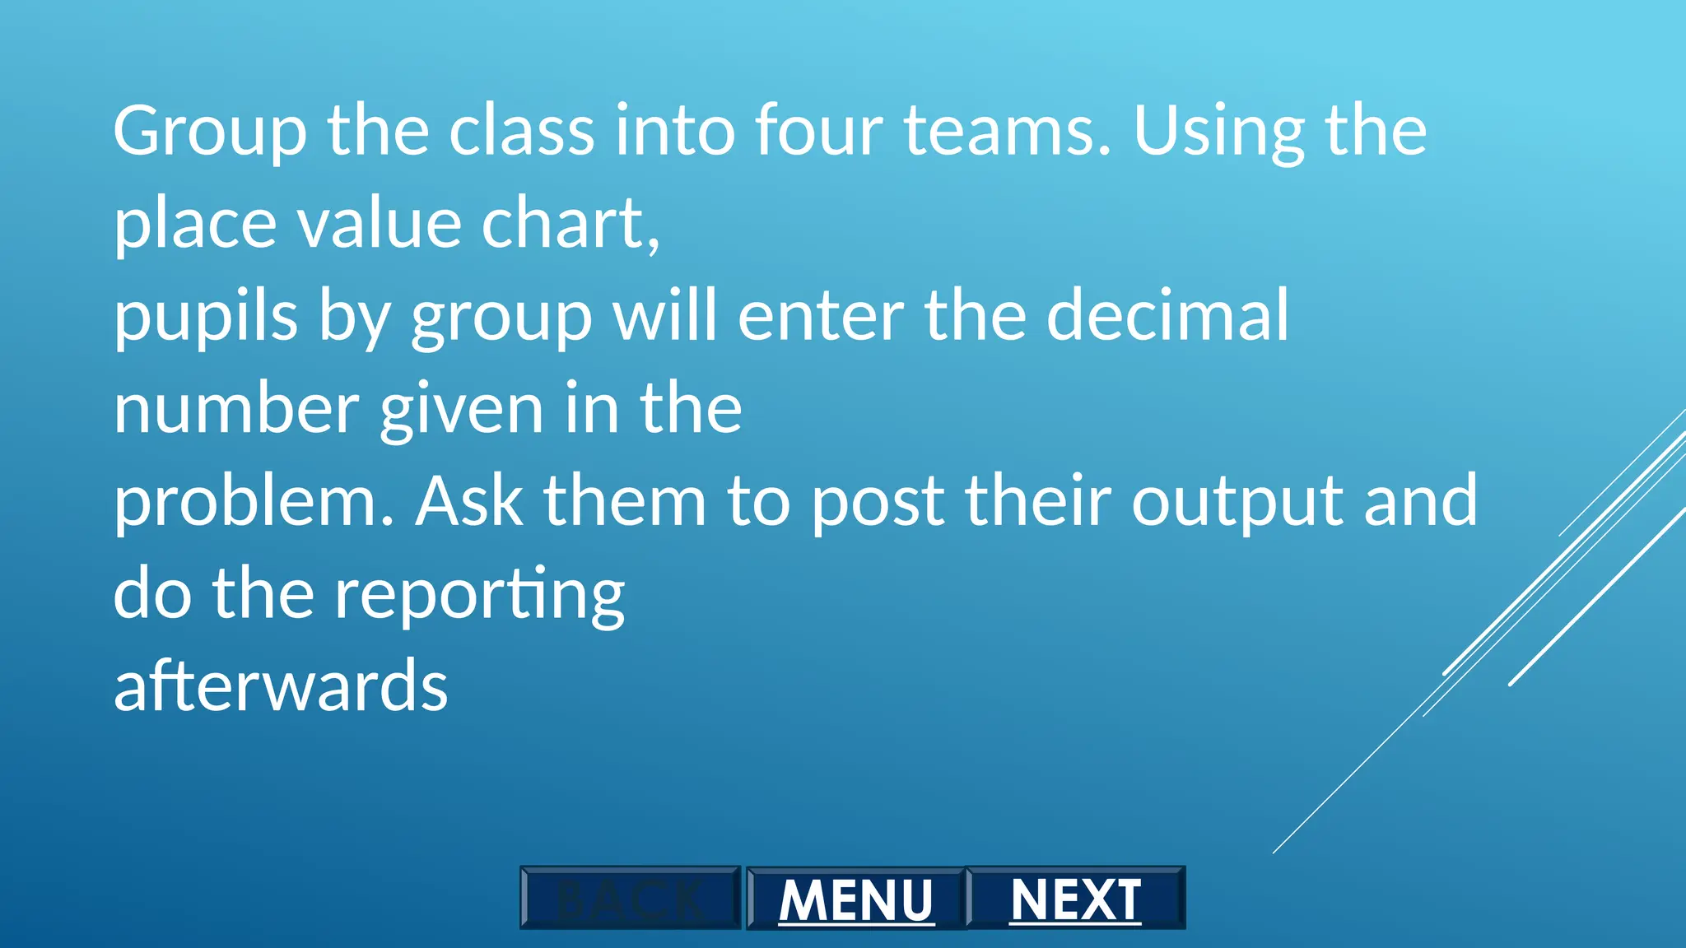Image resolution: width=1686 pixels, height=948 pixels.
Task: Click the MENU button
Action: coord(855,899)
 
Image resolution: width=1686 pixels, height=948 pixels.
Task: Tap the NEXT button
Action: coord(1075,899)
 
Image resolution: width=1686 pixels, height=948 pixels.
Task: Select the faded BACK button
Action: coord(631,899)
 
